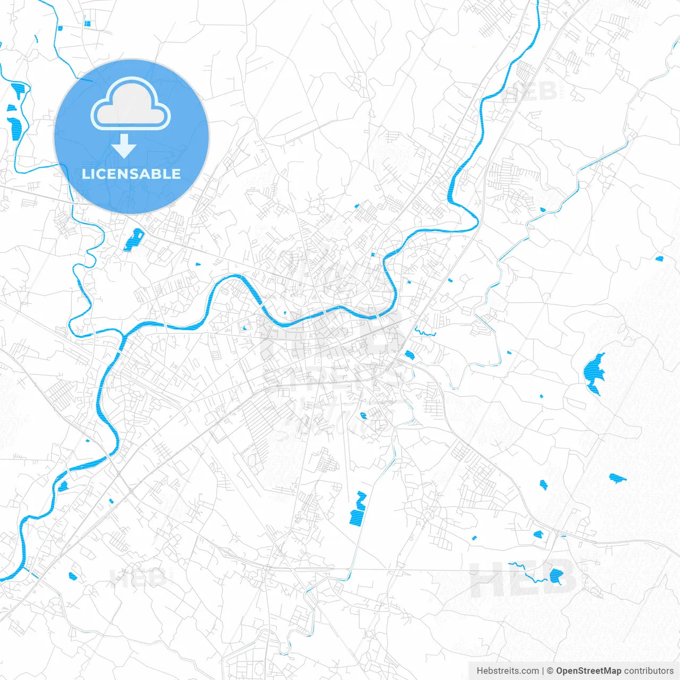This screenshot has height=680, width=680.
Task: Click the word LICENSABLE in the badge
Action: click(131, 174)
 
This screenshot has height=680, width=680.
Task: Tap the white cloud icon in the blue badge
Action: click(131, 104)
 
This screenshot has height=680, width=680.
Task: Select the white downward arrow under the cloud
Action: click(124, 146)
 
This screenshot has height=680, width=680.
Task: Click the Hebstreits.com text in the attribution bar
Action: click(507, 671)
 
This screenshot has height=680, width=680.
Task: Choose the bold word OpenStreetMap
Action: click(588, 671)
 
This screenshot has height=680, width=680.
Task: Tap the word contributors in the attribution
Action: click(649, 671)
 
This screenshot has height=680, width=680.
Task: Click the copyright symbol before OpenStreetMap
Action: click(550, 671)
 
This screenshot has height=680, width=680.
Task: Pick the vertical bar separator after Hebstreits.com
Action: click(542, 671)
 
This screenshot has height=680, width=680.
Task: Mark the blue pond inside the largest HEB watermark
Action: click(556, 575)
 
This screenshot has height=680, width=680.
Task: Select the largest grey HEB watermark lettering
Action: click(521, 579)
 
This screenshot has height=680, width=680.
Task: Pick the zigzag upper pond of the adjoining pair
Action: click(361, 499)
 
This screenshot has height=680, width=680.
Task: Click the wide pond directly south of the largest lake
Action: click(616, 478)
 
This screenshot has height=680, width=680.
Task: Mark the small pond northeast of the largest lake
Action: click(659, 259)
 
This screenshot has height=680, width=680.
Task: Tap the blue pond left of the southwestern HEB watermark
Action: click(73, 576)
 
